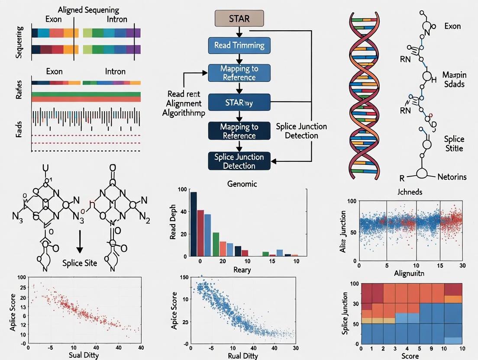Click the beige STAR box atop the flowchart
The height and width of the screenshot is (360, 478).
[x=239, y=19]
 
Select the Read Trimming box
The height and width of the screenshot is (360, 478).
[x=239, y=45]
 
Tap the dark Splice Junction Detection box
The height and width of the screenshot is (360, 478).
[x=239, y=161]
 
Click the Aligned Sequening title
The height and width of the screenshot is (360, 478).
[x=89, y=10]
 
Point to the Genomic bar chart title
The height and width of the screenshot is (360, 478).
[x=242, y=184]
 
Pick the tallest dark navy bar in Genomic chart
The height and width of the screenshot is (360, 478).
[x=194, y=224]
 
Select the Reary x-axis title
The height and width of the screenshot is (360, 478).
[x=242, y=270]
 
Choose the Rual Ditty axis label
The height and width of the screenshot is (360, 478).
[x=243, y=356]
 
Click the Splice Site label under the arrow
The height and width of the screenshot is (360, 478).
[x=80, y=263]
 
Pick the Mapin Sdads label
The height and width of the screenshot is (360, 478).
[x=454, y=79]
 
